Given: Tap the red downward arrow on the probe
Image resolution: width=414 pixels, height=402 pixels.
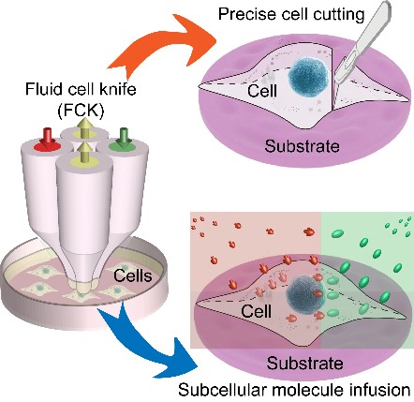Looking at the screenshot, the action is pos(48,138).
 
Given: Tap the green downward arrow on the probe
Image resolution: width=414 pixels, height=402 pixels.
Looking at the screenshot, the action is pos(125,138).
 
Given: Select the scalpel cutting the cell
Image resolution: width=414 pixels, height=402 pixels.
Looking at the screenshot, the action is pos(364,47).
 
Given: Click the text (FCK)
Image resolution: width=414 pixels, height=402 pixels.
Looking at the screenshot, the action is pos(81,110).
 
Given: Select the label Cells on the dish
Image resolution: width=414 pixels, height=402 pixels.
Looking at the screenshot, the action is pos(133,275).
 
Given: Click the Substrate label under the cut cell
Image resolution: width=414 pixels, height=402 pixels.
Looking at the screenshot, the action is pos(303,146).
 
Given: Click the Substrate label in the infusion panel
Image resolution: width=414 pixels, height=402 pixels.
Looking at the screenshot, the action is pos(305,364).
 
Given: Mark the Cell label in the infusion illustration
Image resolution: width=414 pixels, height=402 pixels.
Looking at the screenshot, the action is pos(257,311).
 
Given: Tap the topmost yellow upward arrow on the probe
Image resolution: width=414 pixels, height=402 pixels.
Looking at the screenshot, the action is pos(84,127).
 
